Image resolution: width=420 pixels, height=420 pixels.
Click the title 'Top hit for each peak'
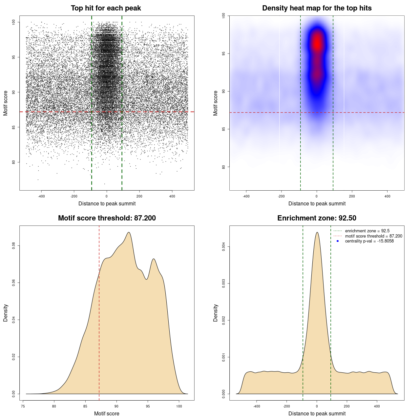106,8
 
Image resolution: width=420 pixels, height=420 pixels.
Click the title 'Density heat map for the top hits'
317,8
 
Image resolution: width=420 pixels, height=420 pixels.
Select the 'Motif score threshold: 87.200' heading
107,218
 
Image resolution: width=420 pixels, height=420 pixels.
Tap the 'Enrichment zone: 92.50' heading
317,218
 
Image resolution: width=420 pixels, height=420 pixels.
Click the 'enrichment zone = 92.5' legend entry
367,231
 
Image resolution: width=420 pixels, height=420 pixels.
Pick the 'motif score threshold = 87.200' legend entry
373,236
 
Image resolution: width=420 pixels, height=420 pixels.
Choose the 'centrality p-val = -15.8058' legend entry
369,241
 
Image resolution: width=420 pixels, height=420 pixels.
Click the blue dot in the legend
338,241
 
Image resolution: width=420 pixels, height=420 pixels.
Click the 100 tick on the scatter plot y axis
13,22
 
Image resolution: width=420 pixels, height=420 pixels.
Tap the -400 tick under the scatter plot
41,196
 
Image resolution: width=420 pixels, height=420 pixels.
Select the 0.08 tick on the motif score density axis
13,246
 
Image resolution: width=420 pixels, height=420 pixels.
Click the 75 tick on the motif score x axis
23,406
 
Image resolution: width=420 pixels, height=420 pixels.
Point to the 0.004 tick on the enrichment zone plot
223,247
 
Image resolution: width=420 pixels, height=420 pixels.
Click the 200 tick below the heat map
352,196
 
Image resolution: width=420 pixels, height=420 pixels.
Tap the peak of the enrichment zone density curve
317,233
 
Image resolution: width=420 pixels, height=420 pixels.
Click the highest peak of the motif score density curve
129,233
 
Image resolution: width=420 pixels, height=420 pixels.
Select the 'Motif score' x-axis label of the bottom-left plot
107,413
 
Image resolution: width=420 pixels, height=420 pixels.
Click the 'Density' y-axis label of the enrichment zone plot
216,313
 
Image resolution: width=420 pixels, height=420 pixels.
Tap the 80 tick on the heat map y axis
223,167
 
